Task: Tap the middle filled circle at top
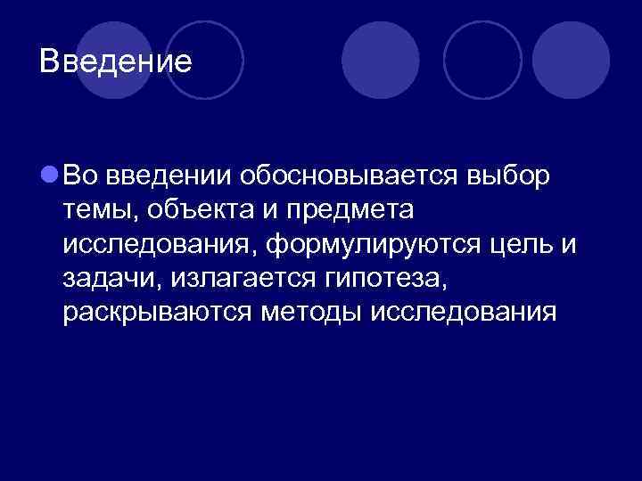[381, 60]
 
